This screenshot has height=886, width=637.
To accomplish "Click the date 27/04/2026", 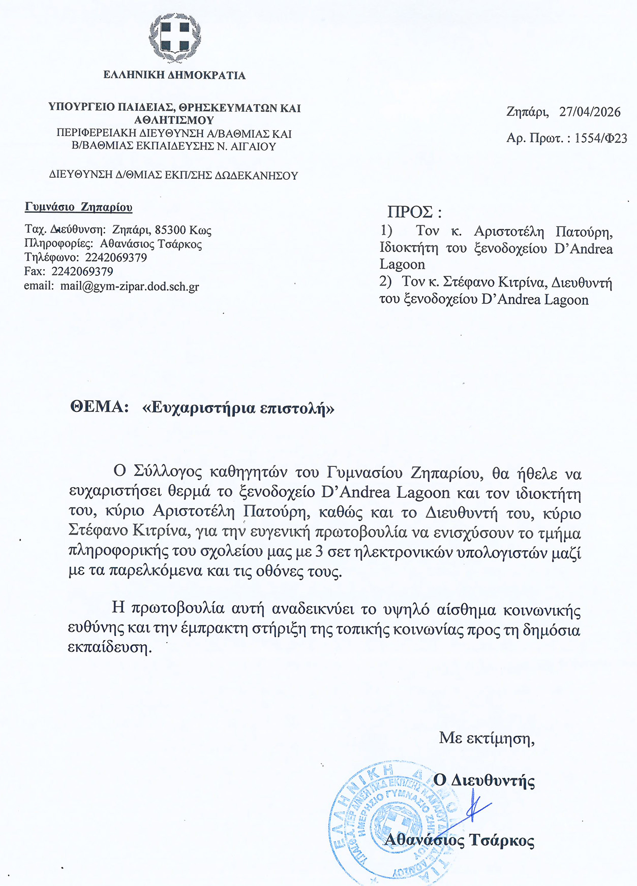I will (590, 112).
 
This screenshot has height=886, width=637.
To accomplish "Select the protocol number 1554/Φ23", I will (601, 138).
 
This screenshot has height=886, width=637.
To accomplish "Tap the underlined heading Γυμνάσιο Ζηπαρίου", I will (79, 207).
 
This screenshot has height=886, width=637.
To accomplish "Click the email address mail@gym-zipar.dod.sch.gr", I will (130, 286).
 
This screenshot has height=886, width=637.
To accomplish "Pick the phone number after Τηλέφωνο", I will (116, 258).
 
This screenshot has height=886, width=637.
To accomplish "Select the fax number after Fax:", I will (82, 272).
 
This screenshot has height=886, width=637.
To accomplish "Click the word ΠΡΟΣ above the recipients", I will (410, 212).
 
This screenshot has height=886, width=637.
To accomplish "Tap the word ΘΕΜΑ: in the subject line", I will (100, 407).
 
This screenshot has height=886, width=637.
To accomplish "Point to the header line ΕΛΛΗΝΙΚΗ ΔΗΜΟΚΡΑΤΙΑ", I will (174, 75).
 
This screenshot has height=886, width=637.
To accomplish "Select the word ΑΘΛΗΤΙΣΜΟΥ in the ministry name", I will (174, 120).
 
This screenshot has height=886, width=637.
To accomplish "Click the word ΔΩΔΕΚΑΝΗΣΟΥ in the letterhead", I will (256, 176).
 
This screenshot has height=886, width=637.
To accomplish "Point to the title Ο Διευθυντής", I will (484, 780).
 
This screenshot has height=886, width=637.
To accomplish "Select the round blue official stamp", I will (391, 823).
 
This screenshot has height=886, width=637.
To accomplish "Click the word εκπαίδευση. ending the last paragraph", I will (110, 648).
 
